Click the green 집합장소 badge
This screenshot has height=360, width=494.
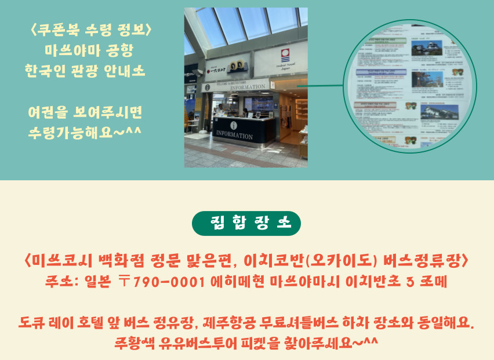coord(246,223)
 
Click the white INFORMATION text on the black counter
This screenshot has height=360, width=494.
coord(234,136)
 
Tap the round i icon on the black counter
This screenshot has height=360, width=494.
coord(234,125)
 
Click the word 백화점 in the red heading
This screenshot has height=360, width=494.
coord(132,260)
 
